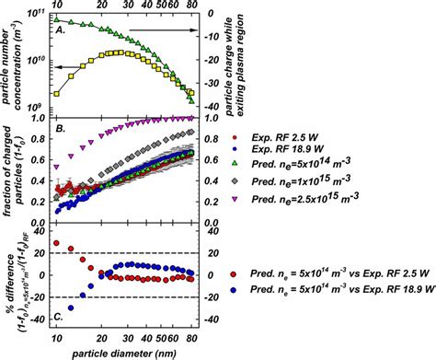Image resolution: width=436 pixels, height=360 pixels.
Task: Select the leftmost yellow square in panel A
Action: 57,94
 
